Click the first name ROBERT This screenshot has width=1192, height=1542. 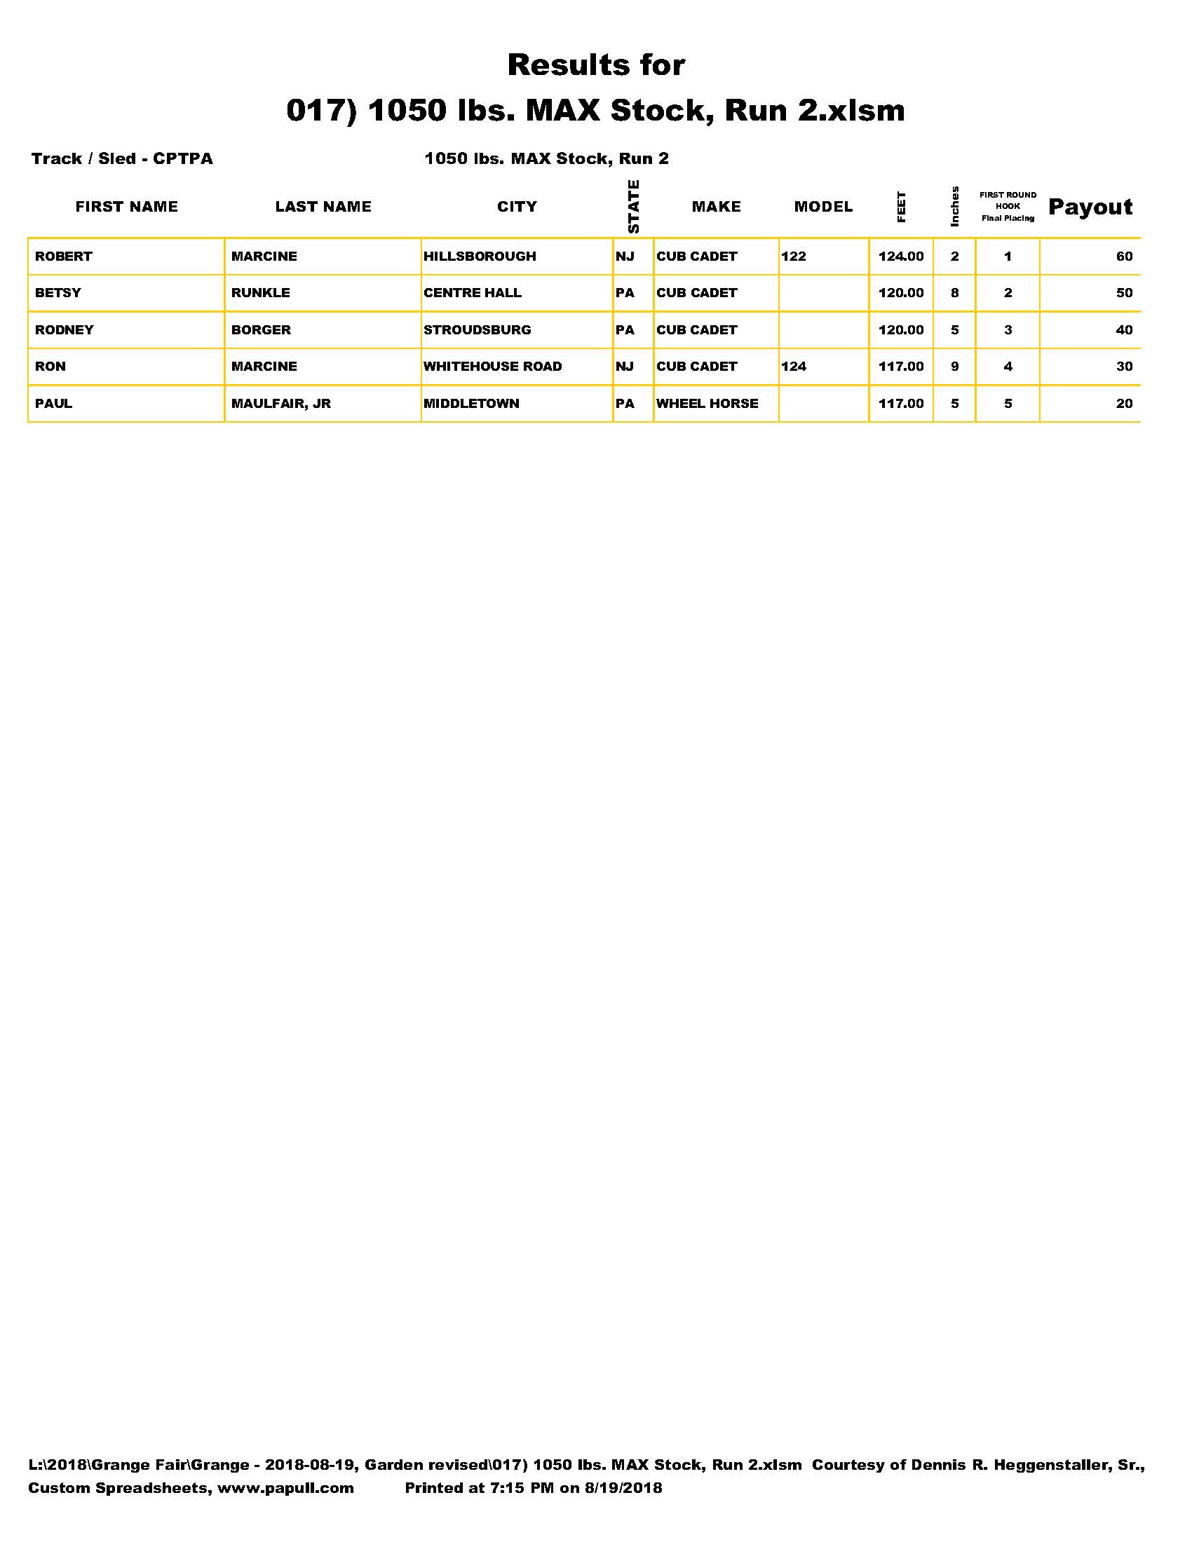[64, 257]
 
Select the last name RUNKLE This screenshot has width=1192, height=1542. [261, 293]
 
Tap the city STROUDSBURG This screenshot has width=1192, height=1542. [477, 329]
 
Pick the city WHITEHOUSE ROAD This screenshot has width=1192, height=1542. [492, 367]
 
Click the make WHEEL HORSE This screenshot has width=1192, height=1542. [707, 403]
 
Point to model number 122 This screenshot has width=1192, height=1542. [793, 257]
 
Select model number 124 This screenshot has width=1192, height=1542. [793, 367]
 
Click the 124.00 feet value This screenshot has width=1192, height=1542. [900, 257]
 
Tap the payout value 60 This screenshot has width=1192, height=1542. [1123, 257]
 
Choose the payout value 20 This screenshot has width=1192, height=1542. [1123, 403]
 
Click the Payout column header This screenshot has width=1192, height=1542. [1090, 207]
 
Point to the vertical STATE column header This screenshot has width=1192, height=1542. [633, 206]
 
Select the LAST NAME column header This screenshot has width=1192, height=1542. [323, 207]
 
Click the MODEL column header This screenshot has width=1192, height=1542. [822, 207]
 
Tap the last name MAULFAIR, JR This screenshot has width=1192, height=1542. [280, 403]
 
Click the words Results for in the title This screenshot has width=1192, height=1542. [596, 65]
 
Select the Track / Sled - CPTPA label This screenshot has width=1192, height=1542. [121, 159]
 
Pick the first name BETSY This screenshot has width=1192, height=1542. [58, 293]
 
